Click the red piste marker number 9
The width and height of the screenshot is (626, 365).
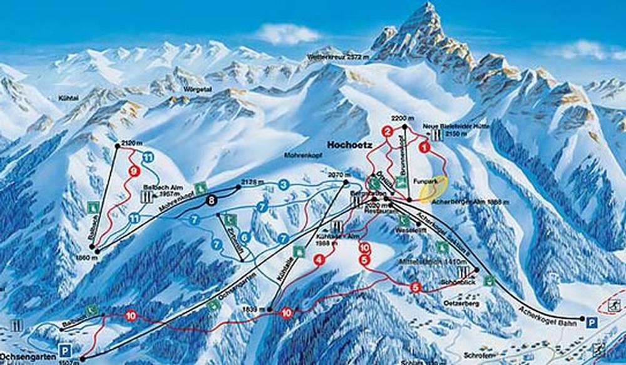click(133, 170)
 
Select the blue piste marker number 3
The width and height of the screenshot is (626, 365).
click(284, 184)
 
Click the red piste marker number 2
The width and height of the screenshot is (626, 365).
click(388, 131)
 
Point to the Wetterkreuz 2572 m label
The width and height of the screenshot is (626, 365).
click(334, 57)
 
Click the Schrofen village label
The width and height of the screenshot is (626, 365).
click(481, 354)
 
